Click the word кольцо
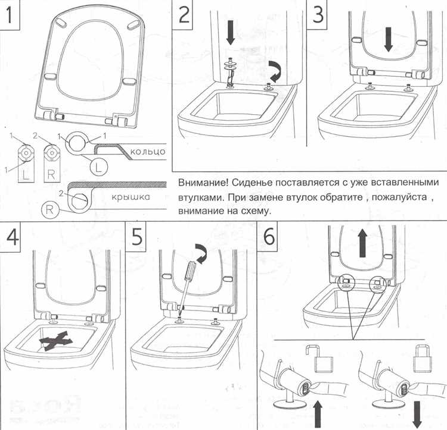click(x=145, y=152)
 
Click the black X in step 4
click(x=57, y=340)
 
